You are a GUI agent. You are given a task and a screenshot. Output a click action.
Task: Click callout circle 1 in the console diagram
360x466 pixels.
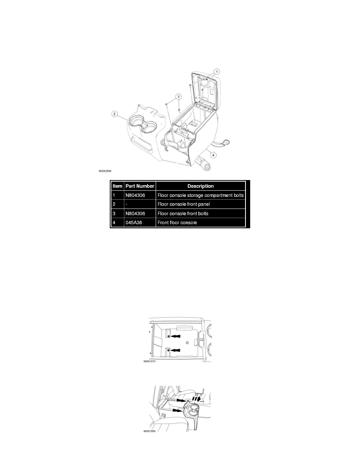(217, 72)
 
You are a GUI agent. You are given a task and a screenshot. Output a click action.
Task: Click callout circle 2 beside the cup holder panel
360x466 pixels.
(115, 114)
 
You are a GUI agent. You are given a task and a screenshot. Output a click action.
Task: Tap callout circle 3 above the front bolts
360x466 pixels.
(178, 96)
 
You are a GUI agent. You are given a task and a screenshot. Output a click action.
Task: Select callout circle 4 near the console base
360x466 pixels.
(213, 155)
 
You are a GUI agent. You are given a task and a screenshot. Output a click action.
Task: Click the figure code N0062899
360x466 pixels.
(105, 171)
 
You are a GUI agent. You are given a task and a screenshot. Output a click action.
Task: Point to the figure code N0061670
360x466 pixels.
(149, 362)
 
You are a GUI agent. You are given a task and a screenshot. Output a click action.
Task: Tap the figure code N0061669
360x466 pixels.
(149, 431)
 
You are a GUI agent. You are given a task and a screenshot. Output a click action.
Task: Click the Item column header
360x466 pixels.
(117, 186)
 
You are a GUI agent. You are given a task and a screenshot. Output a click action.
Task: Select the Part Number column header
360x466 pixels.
(140, 186)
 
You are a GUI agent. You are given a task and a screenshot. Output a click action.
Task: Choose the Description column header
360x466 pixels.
(200, 186)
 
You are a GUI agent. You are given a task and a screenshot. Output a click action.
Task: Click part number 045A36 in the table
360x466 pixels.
(134, 222)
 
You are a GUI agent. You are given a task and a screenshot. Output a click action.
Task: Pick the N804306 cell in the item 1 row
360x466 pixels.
(135, 195)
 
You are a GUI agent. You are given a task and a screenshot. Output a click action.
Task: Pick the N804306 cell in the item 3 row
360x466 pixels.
(135, 213)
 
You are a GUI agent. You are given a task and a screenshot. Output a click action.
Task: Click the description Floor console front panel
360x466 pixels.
(184, 204)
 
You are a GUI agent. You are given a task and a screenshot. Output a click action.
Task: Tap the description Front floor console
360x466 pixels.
(177, 222)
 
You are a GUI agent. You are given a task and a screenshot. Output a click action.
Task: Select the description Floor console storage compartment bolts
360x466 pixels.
(200, 195)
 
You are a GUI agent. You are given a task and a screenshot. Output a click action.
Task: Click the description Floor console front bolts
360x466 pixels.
(183, 213)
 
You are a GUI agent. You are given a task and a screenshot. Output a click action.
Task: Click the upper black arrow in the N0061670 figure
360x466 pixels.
(175, 336)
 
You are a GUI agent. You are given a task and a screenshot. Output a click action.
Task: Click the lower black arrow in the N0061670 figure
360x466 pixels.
(175, 351)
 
